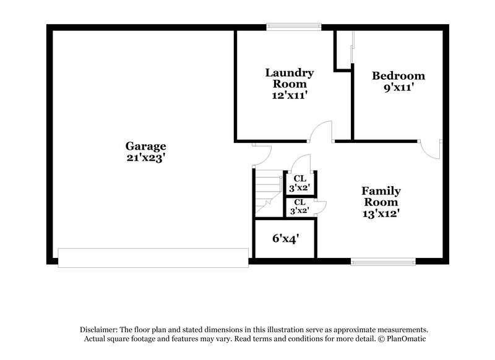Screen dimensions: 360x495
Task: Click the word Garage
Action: (x=146, y=147)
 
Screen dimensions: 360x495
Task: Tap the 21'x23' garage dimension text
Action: (x=146, y=158)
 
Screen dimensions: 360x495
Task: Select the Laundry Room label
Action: (x=289, y=78)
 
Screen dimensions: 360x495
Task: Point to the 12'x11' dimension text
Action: (x=289, y=95)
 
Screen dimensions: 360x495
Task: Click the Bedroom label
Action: (x=398, y=76)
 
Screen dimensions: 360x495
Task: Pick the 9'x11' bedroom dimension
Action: (x=398, y=88)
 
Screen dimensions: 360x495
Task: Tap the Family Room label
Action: (x=381, y=197)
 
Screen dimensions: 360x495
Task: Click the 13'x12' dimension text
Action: (x=381, y=214)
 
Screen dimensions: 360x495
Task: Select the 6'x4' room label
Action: (x=285, y=238)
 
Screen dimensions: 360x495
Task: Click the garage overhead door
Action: (x=153, y=257)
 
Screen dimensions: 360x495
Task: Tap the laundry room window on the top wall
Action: (x=294, y=27)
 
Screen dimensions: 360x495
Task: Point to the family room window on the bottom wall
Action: (x=382, y=261)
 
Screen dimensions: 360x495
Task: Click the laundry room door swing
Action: (x=322, y=131)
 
